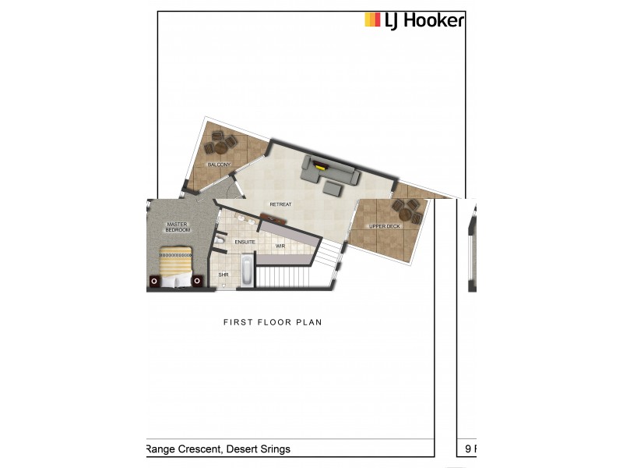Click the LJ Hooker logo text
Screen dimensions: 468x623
coord(424,20)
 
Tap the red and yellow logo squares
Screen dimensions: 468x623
coord(372,19)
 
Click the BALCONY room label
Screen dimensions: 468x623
coord(219,165)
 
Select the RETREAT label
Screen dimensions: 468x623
coord(280,204)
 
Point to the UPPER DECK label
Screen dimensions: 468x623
coord(384,226)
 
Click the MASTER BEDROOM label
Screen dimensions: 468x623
coord(178,227)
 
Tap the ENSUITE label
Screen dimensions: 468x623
coord(245,242)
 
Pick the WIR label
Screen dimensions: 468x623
coord(280,246)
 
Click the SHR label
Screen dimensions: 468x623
coord(224,275)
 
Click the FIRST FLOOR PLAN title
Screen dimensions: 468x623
coord(273,322)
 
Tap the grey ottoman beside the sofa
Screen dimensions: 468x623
coord(333,188)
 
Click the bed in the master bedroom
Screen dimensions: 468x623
coord(176,268)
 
